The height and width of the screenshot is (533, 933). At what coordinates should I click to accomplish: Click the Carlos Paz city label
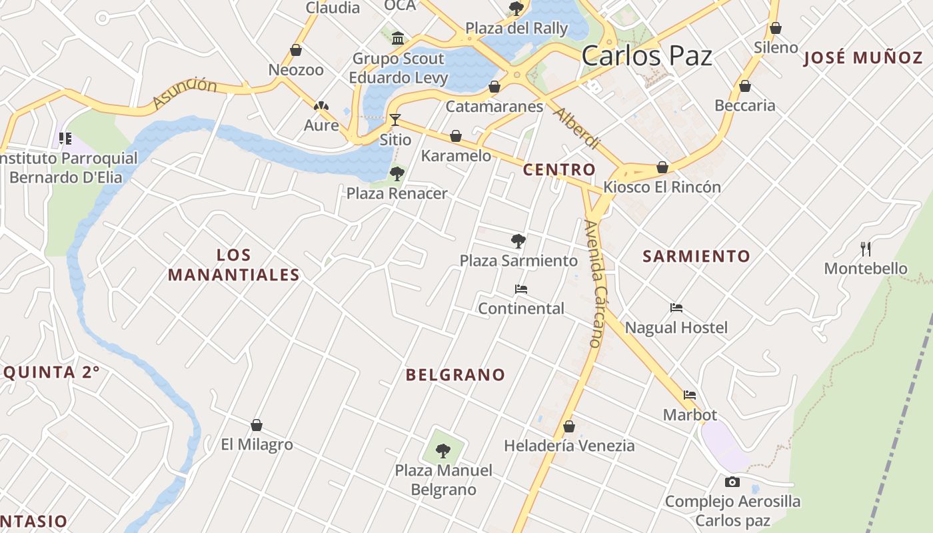646,56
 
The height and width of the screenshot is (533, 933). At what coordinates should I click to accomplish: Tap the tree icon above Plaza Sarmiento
518,241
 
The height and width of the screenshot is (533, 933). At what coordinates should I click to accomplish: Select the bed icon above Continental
521,289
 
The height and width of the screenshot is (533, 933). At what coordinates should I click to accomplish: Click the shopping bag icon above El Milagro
257,425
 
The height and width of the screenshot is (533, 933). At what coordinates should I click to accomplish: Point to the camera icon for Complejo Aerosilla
732,482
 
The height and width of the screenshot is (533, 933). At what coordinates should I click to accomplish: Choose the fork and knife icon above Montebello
866,249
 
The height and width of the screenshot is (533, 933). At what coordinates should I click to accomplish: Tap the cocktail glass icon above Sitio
395,120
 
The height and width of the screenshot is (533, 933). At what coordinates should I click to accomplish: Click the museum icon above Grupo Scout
398,38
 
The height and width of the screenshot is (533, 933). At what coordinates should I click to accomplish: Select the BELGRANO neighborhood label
455,375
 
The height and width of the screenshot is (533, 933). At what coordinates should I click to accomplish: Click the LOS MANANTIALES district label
233,265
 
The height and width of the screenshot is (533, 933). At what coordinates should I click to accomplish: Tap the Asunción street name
185,93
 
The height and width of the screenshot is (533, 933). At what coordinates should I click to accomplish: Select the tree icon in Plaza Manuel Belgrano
443,451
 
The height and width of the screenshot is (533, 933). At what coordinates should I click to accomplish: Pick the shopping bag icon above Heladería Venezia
568,426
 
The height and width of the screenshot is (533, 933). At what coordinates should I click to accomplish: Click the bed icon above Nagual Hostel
676,308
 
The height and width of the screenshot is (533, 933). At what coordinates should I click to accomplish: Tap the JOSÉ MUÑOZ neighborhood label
863,58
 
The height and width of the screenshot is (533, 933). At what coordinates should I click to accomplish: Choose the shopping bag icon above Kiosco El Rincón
662,167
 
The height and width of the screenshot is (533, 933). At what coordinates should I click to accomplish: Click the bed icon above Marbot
690,395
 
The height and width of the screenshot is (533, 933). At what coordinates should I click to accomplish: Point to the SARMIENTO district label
696,256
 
